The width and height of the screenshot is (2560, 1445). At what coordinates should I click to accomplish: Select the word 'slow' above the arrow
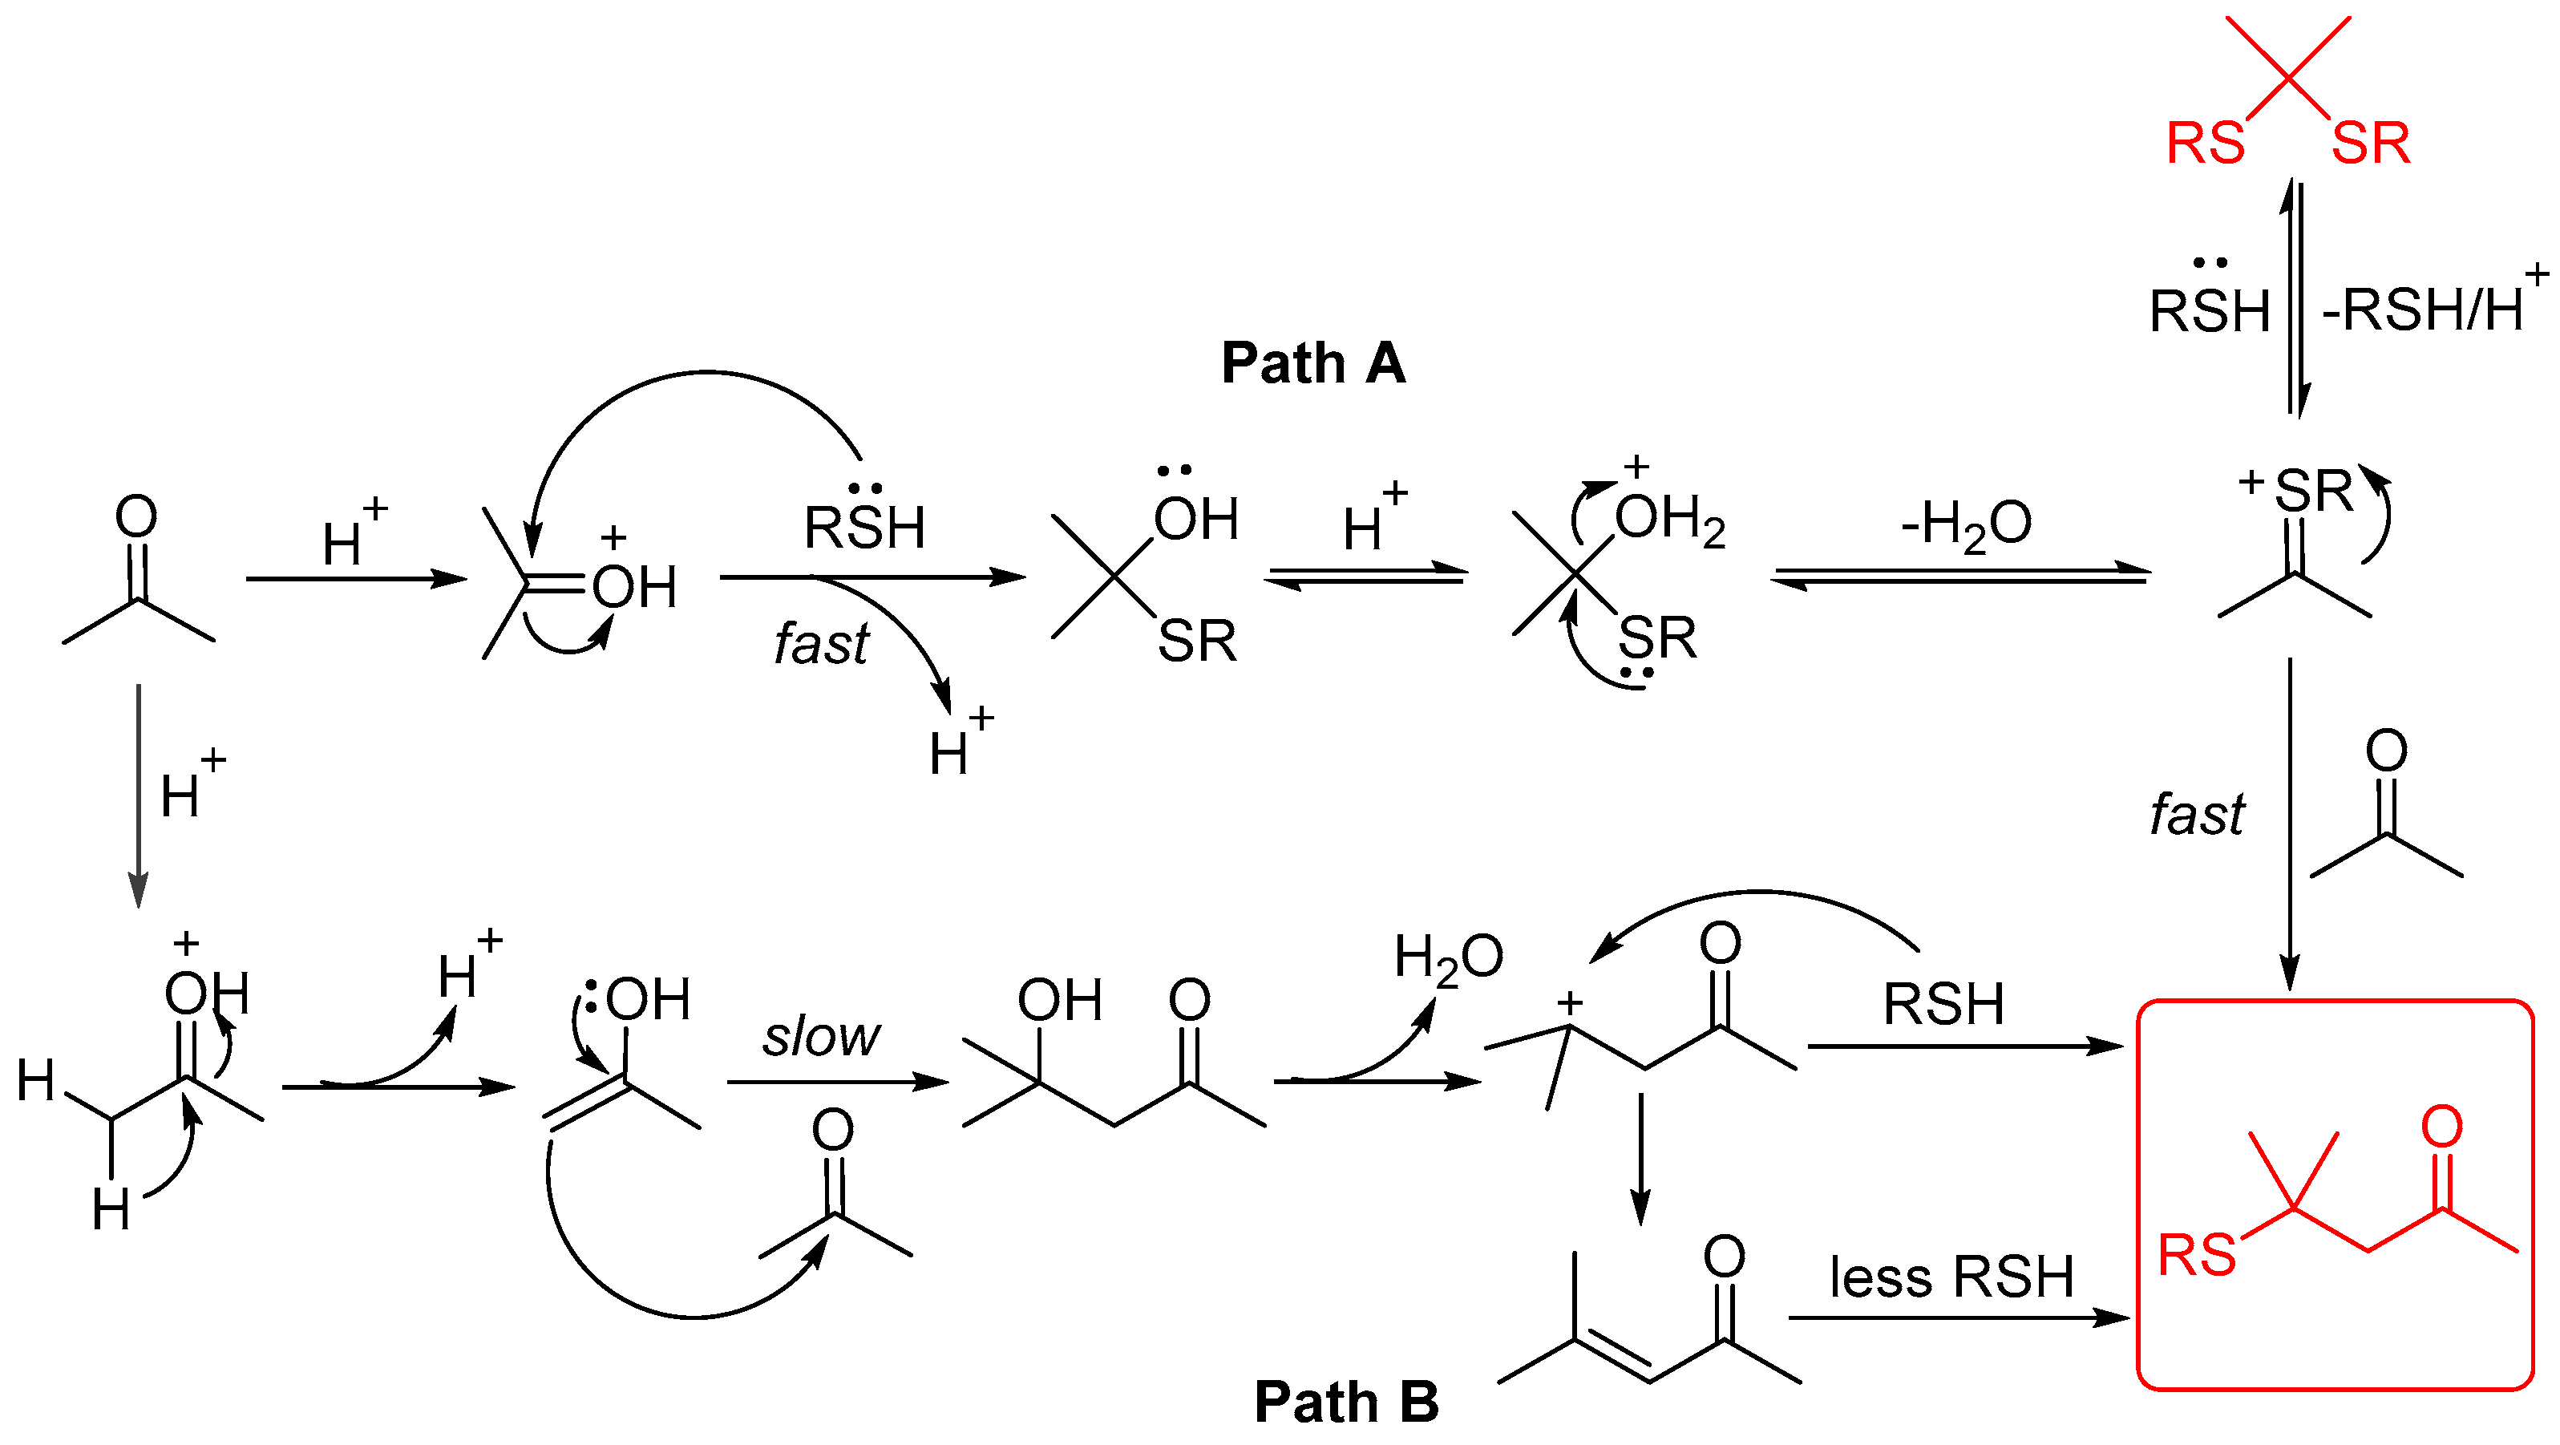pos(821,1037)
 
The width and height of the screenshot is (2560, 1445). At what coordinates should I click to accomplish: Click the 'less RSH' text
pos(1951,1277)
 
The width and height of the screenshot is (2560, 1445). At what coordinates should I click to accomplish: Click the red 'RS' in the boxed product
pos(2195,1255)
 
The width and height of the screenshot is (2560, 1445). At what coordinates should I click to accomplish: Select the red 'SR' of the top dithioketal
pos(2370,143)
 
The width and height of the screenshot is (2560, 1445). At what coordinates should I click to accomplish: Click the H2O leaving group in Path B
pos(1448,958)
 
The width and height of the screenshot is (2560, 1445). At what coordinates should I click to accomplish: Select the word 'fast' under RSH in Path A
pos(821,643)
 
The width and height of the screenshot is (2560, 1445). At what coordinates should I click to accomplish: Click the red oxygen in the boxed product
pos(2441,1126)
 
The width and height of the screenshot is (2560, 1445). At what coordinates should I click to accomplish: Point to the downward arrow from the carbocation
pos(1640,1158)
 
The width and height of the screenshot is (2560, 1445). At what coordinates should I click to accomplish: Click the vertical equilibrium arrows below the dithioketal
pos(2295,298)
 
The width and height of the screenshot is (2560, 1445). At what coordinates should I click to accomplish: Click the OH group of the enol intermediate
pos(647,999)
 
